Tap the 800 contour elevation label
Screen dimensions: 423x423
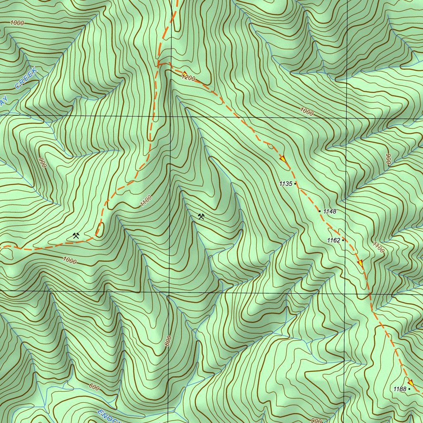168,341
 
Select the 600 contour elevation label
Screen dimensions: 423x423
94,387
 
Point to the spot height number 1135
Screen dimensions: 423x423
285,184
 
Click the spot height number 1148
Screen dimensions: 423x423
330,211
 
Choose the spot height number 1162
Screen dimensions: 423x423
333,240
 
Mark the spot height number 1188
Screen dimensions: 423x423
399,389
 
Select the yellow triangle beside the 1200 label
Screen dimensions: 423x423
184,74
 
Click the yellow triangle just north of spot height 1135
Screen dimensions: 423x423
283,159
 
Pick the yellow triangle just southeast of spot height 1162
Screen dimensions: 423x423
360,263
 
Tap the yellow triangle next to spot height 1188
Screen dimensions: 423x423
411,382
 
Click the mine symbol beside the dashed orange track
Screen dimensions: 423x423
76,236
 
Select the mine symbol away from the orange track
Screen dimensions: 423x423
201,216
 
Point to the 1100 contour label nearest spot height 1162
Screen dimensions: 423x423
378,247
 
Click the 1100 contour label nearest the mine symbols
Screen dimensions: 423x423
146,201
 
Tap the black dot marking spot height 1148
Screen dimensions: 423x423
319,211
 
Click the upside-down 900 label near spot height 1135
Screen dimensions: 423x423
388,159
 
